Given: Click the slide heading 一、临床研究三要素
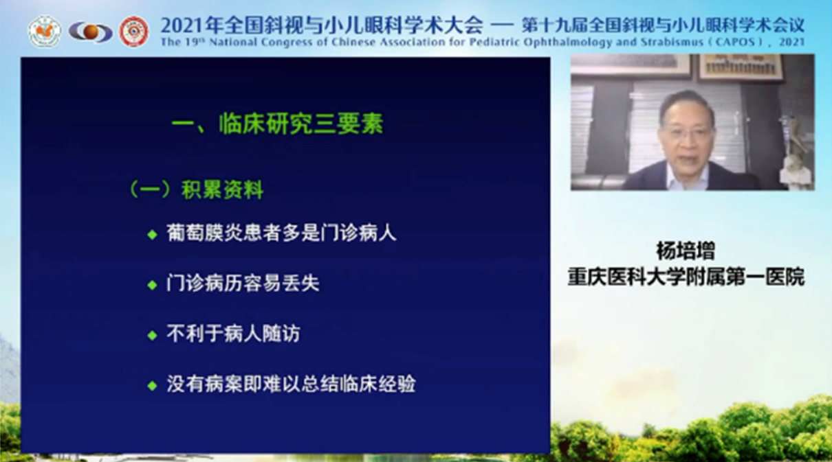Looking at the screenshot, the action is pos(277,124).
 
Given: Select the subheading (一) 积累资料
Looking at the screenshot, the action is pos(196,190).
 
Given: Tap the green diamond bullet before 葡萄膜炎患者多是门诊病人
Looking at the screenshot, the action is pos(152,234).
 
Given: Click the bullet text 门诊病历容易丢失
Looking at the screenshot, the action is pos(243,284).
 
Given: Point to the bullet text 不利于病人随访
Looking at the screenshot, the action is pos(233,334).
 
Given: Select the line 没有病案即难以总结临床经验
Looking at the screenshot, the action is pos(291,384).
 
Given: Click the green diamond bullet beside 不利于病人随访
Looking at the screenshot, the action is pos(152,336).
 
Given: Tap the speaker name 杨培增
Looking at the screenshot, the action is pos(686,251).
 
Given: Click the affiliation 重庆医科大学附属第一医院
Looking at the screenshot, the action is pos(686,277).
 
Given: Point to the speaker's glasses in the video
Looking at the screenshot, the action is pos(690,132).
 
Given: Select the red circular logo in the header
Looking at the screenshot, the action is pos(133,32).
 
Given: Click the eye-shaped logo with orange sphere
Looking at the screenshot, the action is pos(91,32).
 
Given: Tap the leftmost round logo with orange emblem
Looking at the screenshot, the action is pos(45,32).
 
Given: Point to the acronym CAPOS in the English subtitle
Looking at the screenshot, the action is pos(735,42).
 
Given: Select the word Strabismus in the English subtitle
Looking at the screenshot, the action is pos(671,42).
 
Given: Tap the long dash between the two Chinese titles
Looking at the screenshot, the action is pos(502,26).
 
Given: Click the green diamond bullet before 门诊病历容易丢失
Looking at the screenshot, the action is pos(152,285).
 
